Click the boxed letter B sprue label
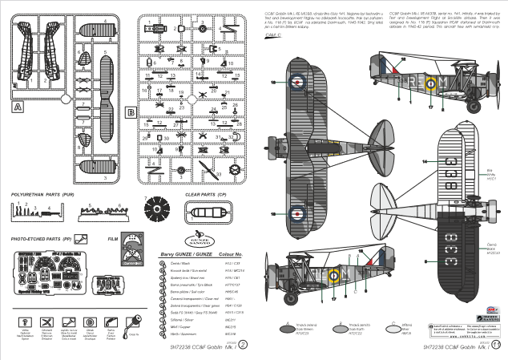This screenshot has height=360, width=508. (130, 113)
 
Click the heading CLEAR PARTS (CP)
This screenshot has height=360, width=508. (207, 195)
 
